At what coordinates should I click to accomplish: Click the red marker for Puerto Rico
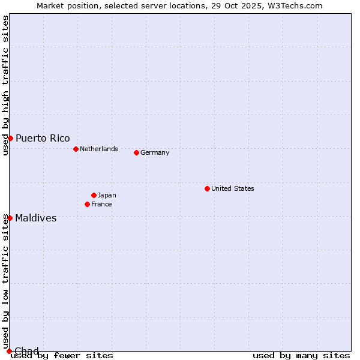10,138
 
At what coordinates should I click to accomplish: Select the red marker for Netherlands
76,149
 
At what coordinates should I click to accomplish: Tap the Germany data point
136,152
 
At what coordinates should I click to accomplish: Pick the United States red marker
207,188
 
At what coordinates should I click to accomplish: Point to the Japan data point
94,195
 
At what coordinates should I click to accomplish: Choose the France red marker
87,204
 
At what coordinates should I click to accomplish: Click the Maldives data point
10,218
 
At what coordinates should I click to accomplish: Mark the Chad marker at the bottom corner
9,351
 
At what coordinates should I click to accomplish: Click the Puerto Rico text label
43,138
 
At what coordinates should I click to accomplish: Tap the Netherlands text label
99,149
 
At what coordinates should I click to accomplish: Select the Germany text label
155,152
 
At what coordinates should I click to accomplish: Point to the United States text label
233,188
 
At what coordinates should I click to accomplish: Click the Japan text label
107,195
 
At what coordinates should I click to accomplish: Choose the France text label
101,204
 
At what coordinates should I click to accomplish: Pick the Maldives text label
36,218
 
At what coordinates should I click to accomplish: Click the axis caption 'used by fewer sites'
62,355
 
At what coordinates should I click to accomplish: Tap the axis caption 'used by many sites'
301,355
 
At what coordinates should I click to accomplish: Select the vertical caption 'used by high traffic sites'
6,86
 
